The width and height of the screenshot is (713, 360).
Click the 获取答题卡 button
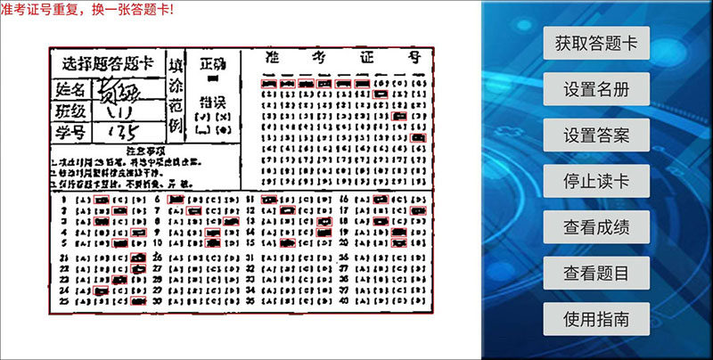tap(595, 43)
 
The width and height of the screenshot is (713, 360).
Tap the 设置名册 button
tap(595, 89)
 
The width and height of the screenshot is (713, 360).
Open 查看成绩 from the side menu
tap(595, 227)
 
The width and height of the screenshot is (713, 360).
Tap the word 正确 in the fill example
tap(213, 64)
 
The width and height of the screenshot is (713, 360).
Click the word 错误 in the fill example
tap(213, 100)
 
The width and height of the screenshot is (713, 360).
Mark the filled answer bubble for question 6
tap(176, 199)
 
